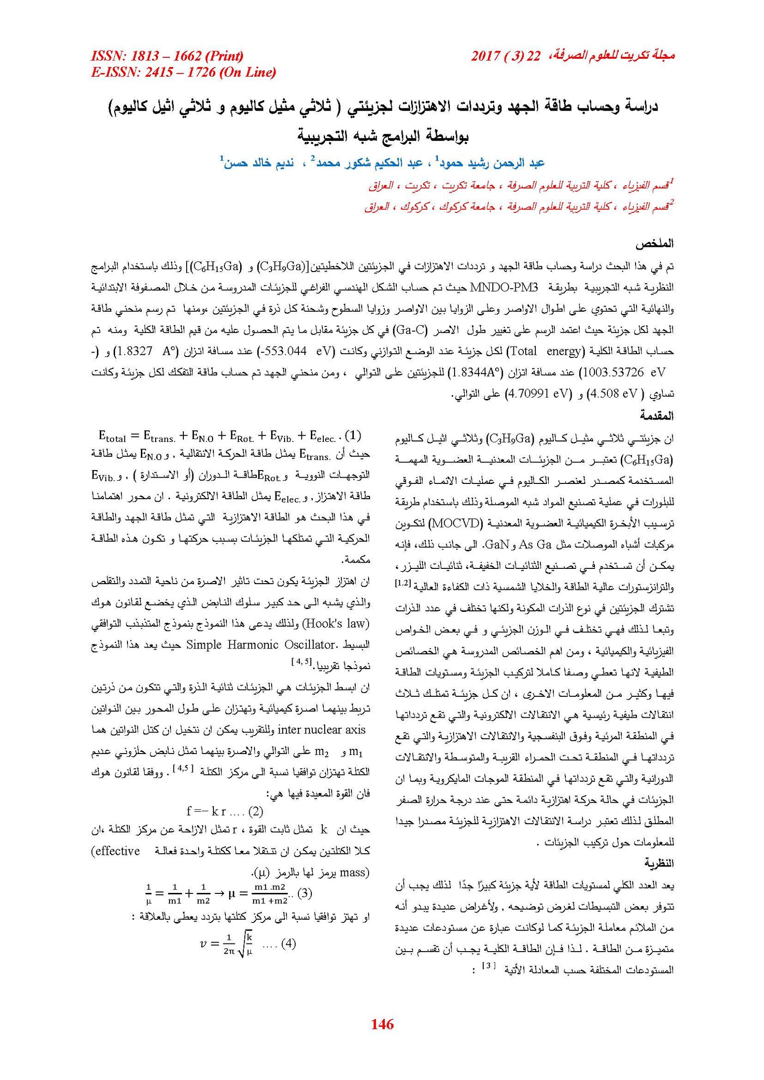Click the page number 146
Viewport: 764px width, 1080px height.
click(x=382, y=1024)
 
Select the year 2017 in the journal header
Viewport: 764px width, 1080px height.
click(x=486, y=56)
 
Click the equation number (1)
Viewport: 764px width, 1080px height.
click(x=353, y=435)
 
